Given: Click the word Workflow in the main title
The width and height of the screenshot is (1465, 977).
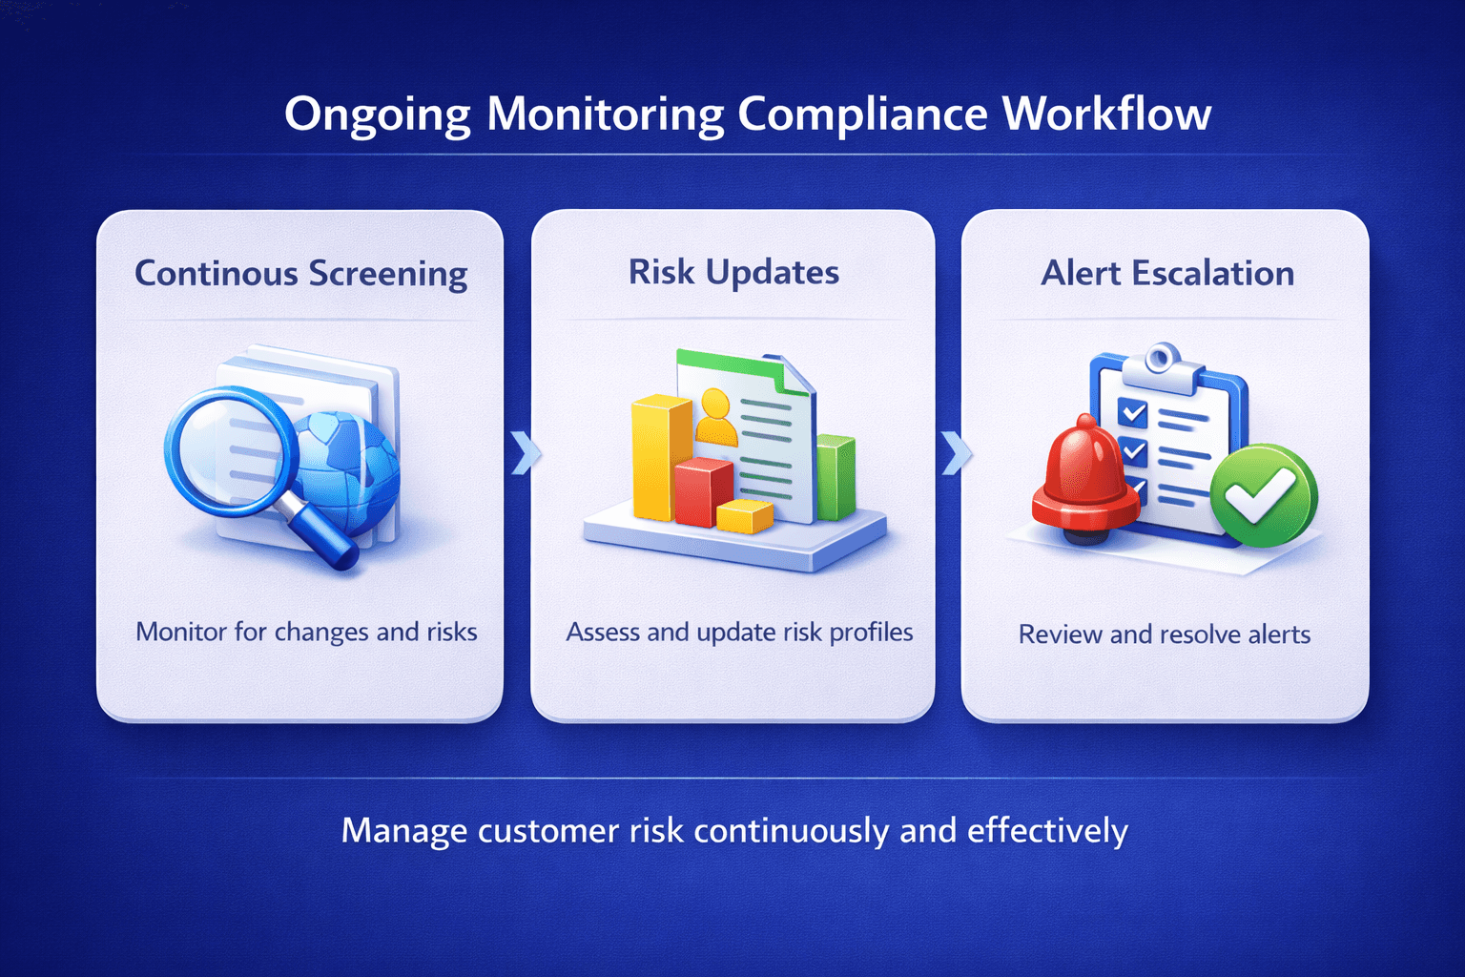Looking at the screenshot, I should click(1106, 114).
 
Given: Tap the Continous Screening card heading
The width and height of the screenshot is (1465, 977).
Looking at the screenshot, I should click(300, 274).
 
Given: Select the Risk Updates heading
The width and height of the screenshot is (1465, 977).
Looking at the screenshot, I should click(733, 273).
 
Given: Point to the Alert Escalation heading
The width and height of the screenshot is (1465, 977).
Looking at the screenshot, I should click(1166, 274).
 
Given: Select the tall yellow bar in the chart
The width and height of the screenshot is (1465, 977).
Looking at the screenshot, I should click(659, 458).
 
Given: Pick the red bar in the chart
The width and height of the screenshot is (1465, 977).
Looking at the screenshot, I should click(703, 490).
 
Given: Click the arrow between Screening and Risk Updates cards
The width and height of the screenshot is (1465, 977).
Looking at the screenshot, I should click(524, 452).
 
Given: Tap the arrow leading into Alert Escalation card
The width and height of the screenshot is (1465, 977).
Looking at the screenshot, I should click(956, 452).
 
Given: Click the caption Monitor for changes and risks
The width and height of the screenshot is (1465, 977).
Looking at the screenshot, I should click(306, 632).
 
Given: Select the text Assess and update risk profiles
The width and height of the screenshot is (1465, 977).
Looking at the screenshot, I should click(739, 633).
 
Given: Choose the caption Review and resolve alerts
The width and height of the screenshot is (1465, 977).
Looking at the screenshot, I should click(1165, 634).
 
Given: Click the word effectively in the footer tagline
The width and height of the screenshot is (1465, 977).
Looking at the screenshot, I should click(1047, 831).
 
